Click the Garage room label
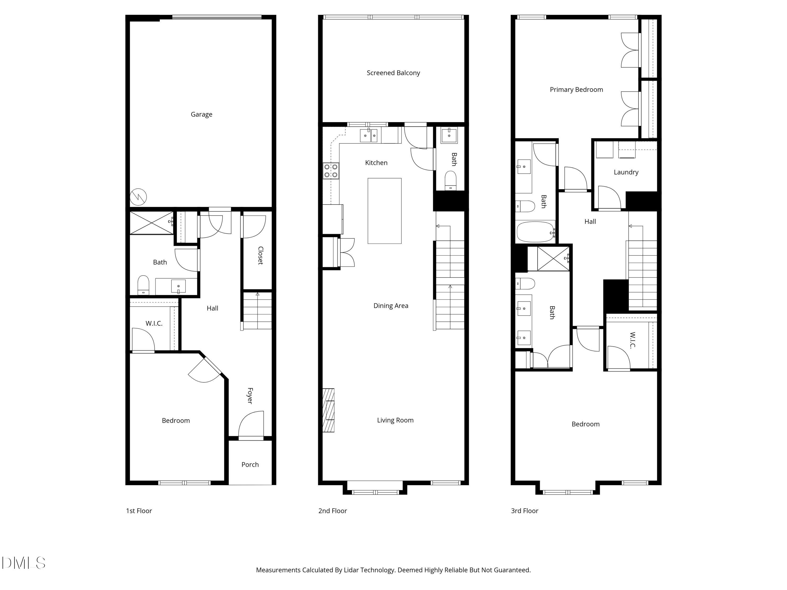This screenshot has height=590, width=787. [x=201, y=114]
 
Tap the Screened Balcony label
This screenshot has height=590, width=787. [x=393, y=73]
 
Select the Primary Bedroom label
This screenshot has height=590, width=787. [x=576, y=90]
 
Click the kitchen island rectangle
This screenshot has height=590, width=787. [x=384, y=211]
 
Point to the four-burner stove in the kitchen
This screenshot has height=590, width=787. [x=331, y=171]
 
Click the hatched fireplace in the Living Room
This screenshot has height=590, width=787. [x=328, y=410]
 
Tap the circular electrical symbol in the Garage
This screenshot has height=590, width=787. [x=138, y=197]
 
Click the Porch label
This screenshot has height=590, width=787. [x=250, y=464]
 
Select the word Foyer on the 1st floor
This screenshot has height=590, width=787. [x=250, y=395]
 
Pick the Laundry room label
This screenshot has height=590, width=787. [x=626, y=172]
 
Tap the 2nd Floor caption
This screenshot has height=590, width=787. [x=332, y=511]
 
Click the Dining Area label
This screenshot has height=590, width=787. [x=391, y=305]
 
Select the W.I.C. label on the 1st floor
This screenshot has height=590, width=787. [x=154, y=323]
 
